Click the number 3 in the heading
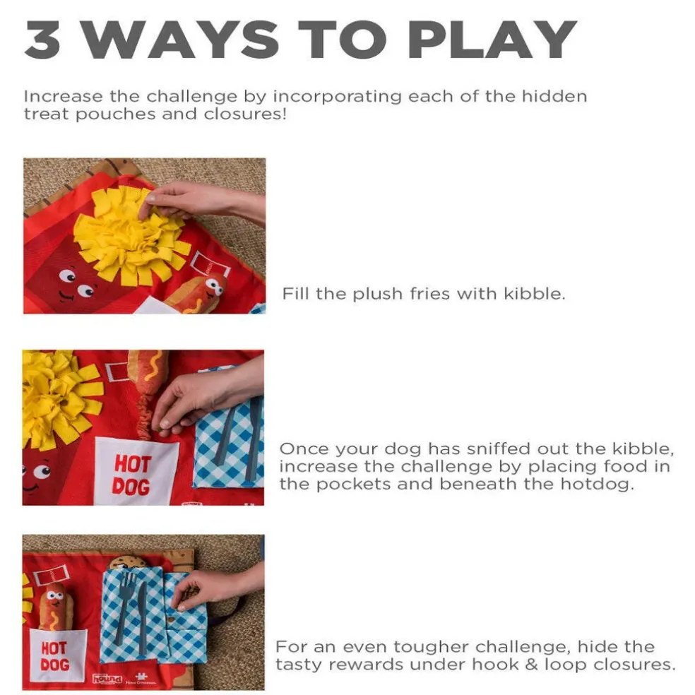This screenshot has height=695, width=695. (x=42, y=40)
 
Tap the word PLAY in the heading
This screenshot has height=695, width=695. (x=492, y=40)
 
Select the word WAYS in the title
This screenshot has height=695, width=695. (x=182, y=40)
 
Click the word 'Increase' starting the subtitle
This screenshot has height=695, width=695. (x=64, y=96)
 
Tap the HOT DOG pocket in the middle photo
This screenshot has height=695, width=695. (x=136, y=470)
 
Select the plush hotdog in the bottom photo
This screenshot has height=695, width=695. (x=54, y=606)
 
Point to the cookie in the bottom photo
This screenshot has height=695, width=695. (x=128, y=563)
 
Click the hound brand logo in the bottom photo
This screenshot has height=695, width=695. (x=107, y=679)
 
